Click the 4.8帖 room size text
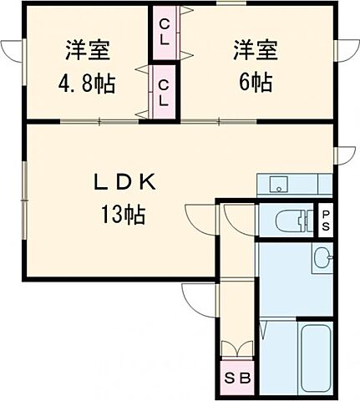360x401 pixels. (87, 85)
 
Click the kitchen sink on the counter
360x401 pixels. (278, 185)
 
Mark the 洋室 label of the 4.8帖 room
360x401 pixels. (86, 49)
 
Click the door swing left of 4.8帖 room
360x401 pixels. (12, 52)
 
